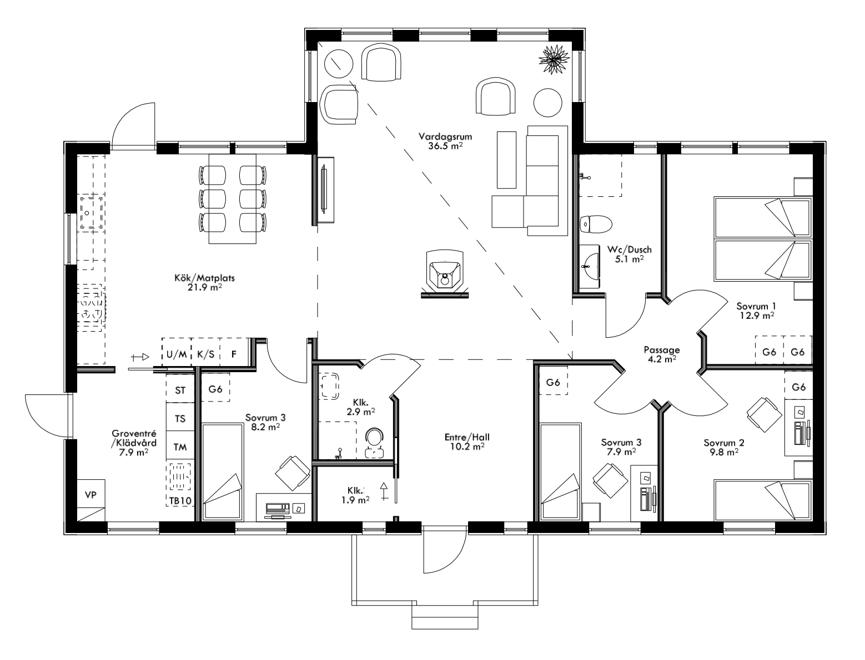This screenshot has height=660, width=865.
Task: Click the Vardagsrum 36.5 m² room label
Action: (441, 141)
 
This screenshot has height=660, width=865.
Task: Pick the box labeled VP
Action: (90, 495)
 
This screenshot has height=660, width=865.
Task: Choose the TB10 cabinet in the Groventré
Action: (180, 501)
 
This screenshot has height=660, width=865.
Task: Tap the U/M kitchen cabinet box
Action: (177, 354)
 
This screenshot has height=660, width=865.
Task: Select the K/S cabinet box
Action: (205, 354)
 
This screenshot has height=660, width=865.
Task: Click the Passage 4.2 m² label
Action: (661, 354)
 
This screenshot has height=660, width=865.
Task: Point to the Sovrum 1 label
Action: (756, 310)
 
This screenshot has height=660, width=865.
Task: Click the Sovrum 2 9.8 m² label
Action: (724, 447)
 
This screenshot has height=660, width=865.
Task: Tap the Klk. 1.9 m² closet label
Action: (355, 495)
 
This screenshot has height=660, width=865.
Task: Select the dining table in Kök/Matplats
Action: (233, 199)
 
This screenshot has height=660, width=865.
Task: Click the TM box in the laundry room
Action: (180, 446)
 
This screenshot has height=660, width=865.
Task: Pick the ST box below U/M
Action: (180, 390)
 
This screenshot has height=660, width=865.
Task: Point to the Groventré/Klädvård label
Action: (133, 443)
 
